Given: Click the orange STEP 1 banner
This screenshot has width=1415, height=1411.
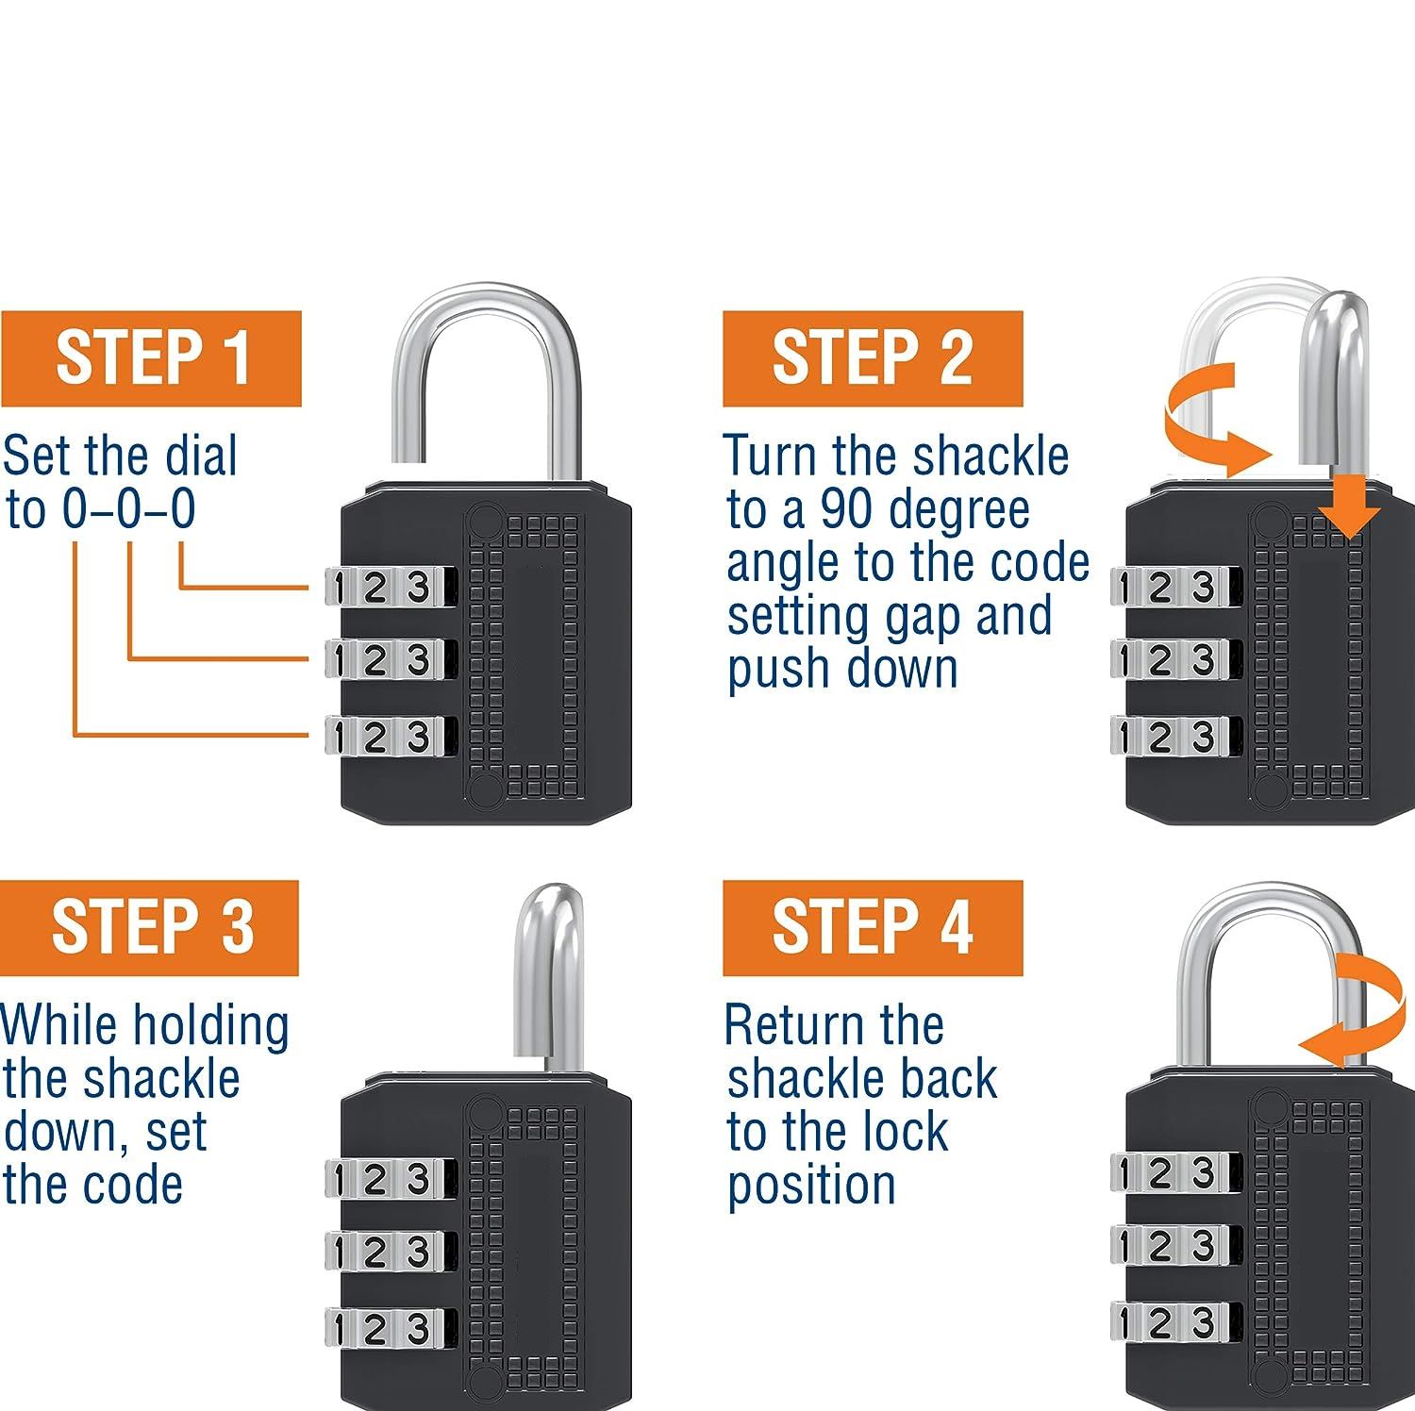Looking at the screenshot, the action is pos(151,358).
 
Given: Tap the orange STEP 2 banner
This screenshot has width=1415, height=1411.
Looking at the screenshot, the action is pos(873,358).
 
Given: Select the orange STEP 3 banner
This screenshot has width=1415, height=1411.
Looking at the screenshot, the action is pos(149,928).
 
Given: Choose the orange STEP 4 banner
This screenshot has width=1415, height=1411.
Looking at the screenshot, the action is pos(873,928).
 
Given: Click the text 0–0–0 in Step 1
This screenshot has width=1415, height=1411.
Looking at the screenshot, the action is pos(129,509).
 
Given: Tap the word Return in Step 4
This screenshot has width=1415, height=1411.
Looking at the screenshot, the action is pos(834,1024).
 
